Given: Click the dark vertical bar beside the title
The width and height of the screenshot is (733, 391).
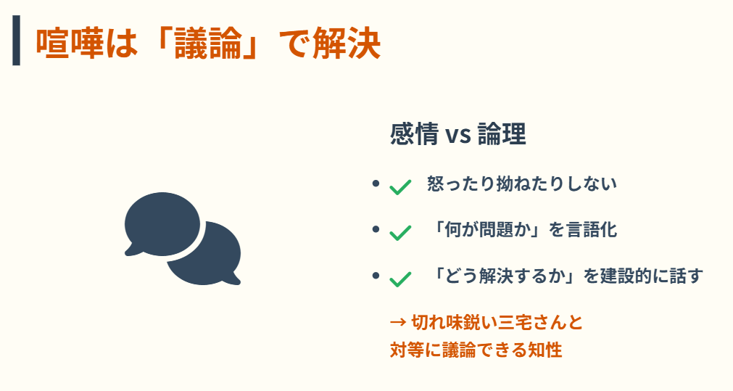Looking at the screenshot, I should click(16, 43).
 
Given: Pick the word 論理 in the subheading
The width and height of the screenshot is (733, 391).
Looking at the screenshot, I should click(502, 135).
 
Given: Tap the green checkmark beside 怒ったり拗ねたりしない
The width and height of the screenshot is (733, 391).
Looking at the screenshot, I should click(400, 186).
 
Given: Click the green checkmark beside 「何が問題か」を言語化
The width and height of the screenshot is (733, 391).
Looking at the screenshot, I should click(400, 232).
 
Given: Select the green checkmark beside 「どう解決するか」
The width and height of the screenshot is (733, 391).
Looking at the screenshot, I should click(400, 279).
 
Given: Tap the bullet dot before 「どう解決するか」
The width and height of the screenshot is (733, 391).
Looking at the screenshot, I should click(376, 276).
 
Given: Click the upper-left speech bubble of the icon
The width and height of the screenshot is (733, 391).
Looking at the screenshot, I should click(161, 222).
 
